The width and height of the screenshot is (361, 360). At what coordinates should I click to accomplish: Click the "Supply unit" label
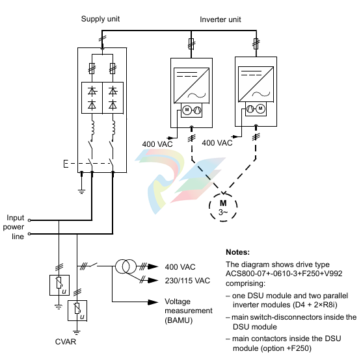pyautogui.click(x=100, y=19)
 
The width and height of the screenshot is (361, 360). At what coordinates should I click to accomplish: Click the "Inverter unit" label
pyautogui.click(x=221, y=19)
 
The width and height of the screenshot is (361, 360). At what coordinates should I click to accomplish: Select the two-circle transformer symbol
pyautogui.click(x=126, y=266)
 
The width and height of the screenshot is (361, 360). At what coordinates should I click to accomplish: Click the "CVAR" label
pyautogui.click(x=66, y=342)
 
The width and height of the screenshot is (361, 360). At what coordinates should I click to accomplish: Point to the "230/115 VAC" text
pyautogui.click(x=187, y=281)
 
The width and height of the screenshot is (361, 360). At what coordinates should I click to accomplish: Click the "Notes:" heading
pyautogui.click(x=237, y=252)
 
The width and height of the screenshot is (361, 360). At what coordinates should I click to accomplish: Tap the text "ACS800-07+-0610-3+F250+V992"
pyautogui.click(x=284, y=274)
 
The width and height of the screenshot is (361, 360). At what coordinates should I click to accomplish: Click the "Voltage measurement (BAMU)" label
pyautogui.click(x=189, y=311)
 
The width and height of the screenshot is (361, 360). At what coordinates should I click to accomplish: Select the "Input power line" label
pyautogui.click(x=14, y=227)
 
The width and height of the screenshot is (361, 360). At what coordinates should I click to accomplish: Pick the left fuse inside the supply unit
pyautogui.click(x=92, y=68)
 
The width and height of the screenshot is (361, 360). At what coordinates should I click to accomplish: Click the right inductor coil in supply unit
pyautogui.click(x=113, y=128)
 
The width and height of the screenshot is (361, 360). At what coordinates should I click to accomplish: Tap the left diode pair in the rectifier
pyautogui.click(x=92, y=97)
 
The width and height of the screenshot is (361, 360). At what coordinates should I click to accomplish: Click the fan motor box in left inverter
pyautogui.click(x=191, y=110)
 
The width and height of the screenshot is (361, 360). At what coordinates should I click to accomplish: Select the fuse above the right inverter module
pyautogui.click(x=256, y=44)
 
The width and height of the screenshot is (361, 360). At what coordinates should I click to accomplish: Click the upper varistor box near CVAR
pyautogui.click(x=59, y=285)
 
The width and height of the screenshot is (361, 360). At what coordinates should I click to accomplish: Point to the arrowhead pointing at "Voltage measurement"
pyautogui.click(x=153, y=302)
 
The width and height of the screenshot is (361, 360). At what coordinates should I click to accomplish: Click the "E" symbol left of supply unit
pyautogui.click(x=66, y=164)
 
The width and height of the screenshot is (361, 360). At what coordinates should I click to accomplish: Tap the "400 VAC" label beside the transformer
pyautogui.click(x=180, y=267)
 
